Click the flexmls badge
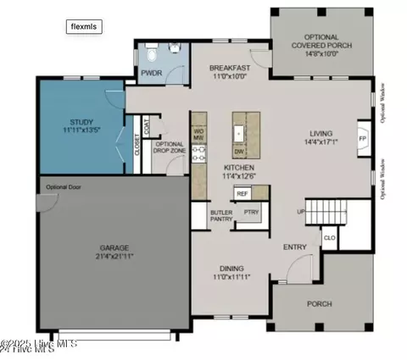coord(84,26)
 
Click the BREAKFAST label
coord(230,67)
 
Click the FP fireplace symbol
coord(362,137)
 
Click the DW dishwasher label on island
coord(239,152)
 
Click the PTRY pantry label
coord(251,213)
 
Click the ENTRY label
coord(294,247)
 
